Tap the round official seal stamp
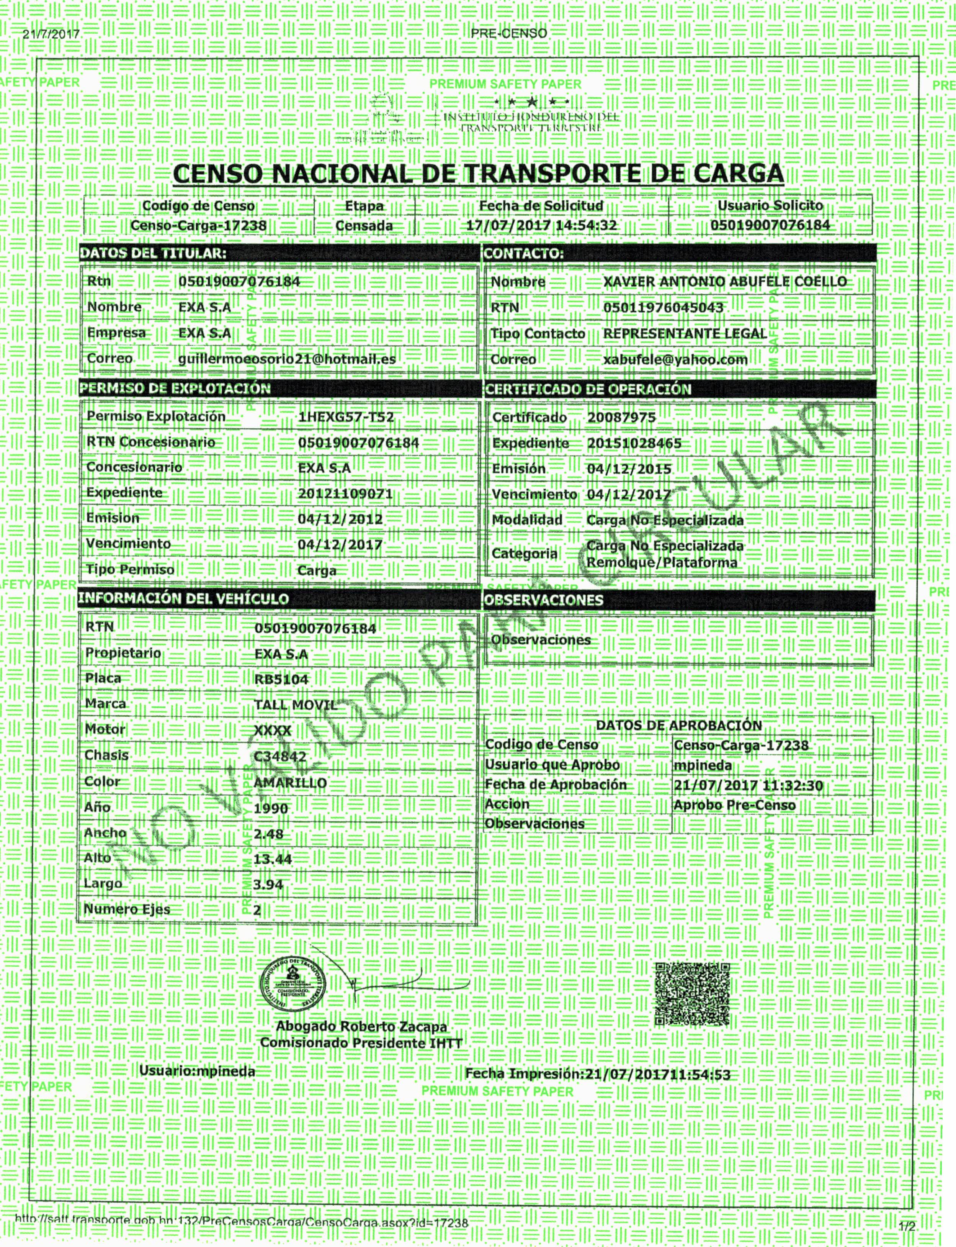pyautogui.click(x=293, y=989)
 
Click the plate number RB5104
pyautogui.click(x=281, y=679)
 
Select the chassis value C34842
pyautogui.click(x=280, y=756)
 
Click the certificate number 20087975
pyautogui.click(x=621, y=417)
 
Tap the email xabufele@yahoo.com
pyautogui.click(x=675, y=359)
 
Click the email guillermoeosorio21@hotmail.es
pyautogui.click(x=287, y=359)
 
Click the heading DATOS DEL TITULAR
pyautogui.click(x=152, y=253)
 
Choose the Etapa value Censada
pyautogui.click(x=364, y=226)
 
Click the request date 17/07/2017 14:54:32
pyautogui.click(x=541, y=225)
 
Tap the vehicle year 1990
pyautogui.click(x=271, y=808)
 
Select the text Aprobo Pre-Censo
pyautogui.click(x=734, y=805)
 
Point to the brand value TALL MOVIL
pyautogui.click(x=295, y=705)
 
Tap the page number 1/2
pyautogui.click(x=907, y=1226)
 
